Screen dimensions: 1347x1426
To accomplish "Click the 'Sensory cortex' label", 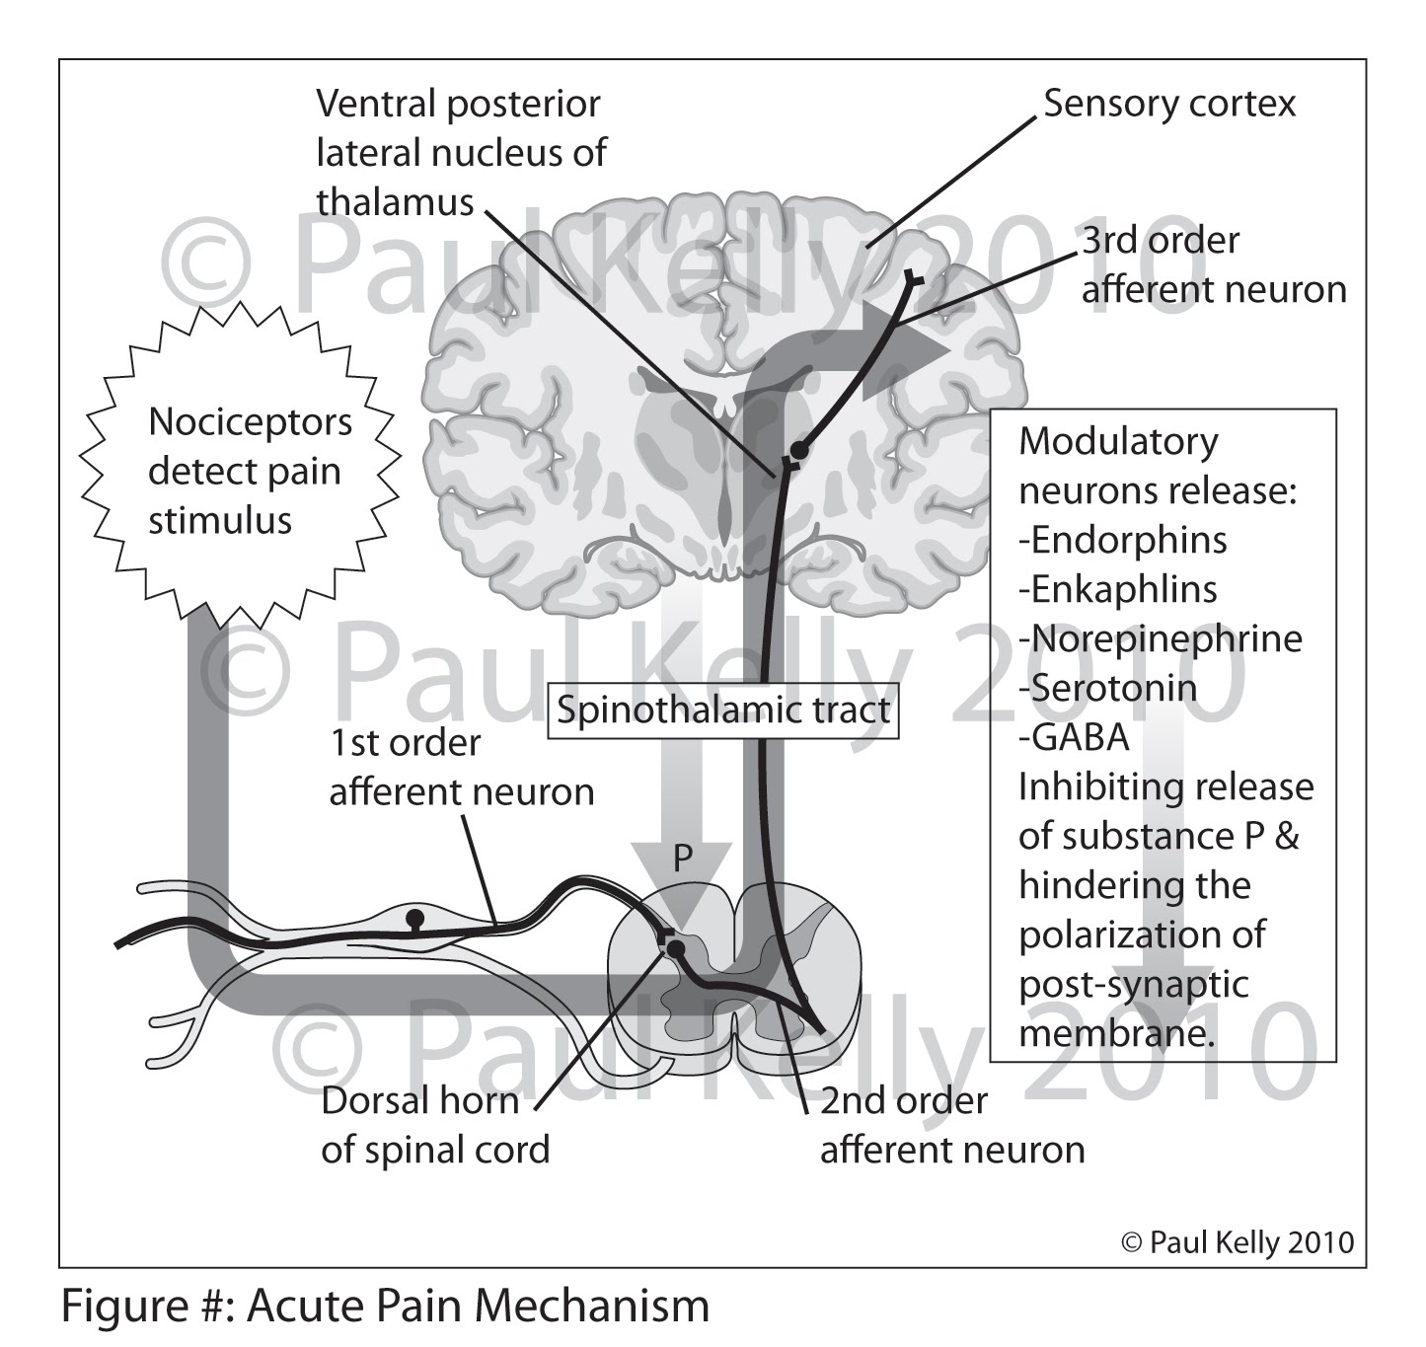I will (1169, 104).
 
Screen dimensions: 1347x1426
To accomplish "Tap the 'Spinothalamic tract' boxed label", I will (723, 711).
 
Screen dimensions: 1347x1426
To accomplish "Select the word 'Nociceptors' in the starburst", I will (250, 422).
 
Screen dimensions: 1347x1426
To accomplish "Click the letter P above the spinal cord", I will (683, 860).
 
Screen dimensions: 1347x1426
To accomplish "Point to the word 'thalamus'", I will (395, 202).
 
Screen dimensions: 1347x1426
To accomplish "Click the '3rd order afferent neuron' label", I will (1213, 264).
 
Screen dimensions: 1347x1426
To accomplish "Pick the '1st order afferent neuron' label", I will (461, 768).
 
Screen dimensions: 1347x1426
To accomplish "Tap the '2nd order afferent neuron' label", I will (951, 1126).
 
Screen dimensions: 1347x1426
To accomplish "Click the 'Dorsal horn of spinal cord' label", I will (434, 1126).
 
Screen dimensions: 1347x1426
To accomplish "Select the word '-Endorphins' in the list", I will (1123, 540).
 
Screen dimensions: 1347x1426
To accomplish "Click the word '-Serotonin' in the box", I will (1107, 688).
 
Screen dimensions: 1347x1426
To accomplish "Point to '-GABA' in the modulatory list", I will (1074, 737).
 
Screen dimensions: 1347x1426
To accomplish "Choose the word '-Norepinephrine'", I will (1161, 638).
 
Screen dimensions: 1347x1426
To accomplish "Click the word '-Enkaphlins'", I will (1118, 589).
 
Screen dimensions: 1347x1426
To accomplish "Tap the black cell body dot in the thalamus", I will (800, 450).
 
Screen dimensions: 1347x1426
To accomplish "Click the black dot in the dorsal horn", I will (676, 949).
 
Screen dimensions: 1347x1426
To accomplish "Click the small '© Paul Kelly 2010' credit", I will (1238, 1242).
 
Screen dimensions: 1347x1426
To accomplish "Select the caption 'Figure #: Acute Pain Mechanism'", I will (385, 1306).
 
